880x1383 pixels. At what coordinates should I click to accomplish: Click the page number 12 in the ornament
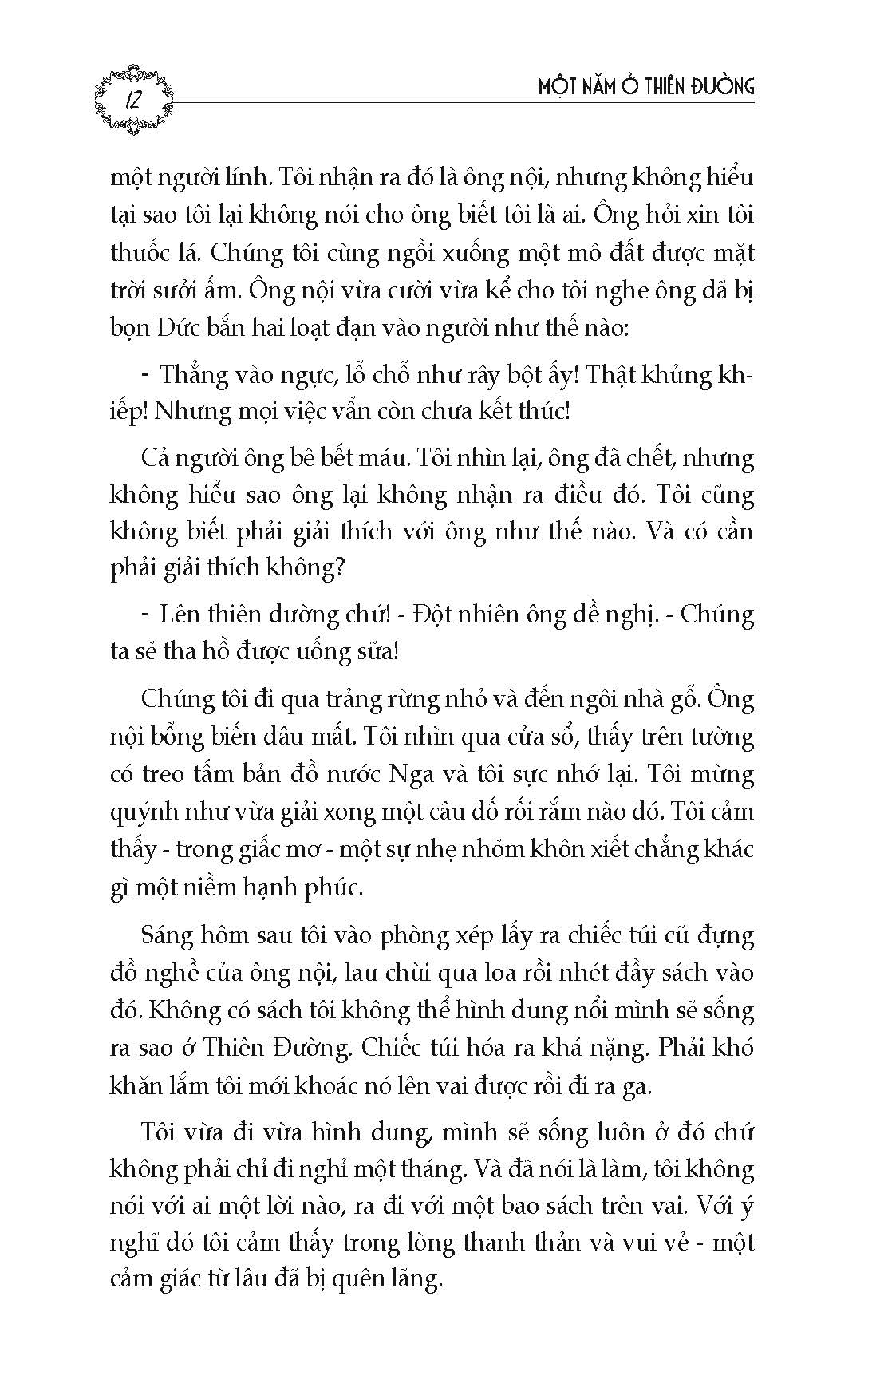[132, 101]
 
